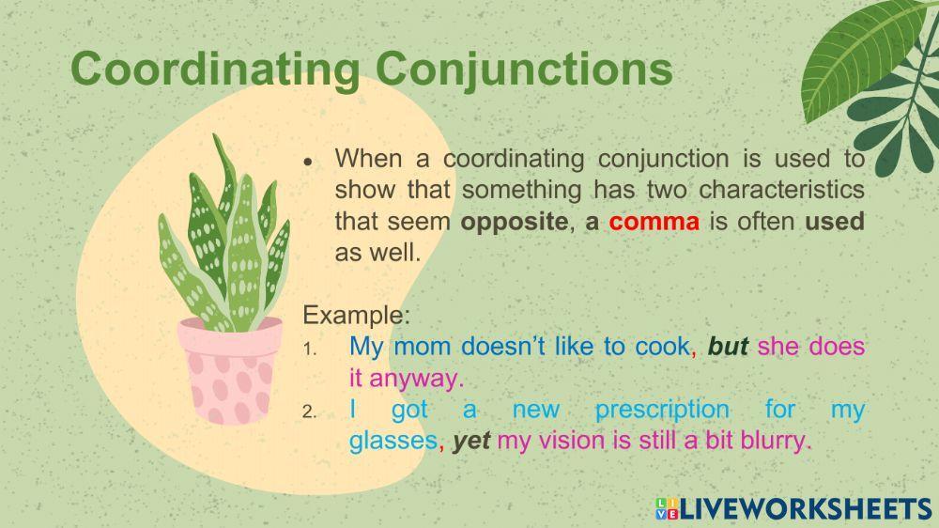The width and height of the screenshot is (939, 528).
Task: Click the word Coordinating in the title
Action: point(215,69)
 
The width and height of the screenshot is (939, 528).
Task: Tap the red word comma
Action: point(654,222)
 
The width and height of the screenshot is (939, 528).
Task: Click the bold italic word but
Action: point(728,347)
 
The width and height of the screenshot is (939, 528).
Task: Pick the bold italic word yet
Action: point(471,442)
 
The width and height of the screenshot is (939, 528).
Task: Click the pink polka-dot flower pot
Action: point(231,370)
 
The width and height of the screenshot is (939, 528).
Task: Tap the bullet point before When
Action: point(308,162)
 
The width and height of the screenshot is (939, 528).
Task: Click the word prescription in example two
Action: point(662,411)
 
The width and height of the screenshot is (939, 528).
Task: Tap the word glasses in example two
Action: point(393,442)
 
